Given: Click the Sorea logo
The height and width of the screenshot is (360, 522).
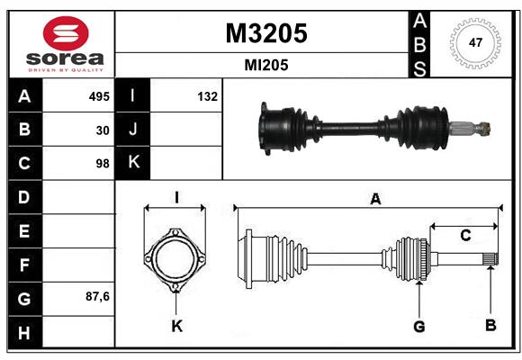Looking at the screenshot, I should [x=62, y=43].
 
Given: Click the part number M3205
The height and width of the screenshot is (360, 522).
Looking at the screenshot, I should [x=265, y=32].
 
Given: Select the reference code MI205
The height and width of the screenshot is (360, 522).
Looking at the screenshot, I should [x=265, y=66].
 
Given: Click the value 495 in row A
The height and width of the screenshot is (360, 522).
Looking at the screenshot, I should [x=98, y=96].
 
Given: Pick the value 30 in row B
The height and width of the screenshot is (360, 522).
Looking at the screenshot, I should [x=103, y=130].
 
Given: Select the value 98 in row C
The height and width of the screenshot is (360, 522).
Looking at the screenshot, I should [x=102, y=165].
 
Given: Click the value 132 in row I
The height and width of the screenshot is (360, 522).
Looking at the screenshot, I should [x=207, y=96].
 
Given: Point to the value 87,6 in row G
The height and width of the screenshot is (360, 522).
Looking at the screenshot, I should [x=97, y=296].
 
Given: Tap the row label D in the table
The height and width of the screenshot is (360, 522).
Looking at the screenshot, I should [x=23, y=197].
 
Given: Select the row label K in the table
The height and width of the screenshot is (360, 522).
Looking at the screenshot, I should [x=134, y=163].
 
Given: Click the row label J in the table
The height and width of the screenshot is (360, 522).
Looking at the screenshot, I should [x=134, y=130].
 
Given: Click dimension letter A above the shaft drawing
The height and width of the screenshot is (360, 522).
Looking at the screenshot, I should [x=375, y=199].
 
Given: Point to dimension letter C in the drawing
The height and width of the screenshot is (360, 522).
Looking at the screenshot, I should [x=465, y=236].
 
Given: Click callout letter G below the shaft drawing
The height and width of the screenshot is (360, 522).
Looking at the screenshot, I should [x=418, y=326].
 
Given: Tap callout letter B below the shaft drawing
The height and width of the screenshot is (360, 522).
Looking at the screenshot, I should [x=490, y=325].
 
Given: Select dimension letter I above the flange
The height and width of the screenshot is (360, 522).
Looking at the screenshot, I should [x=177, y=196].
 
